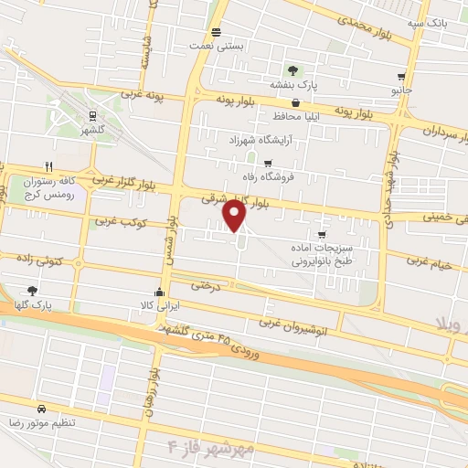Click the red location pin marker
click(235, 216)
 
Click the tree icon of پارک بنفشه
click(292, 69)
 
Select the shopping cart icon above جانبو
click(401, 78)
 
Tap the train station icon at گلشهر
click(92, 115)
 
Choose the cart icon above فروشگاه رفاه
click(266, 163)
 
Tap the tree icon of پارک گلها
click(33, 290)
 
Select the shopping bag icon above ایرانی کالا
click(161, 292)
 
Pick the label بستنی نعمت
click(198, 44)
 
